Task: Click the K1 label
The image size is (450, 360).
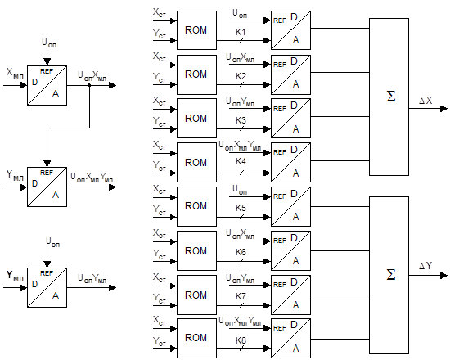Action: [x=241, y=32]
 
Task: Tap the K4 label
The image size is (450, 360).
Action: [x=241, y=161]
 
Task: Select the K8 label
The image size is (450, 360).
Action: [x=241, y=340]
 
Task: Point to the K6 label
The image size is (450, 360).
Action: [x=241, y=252]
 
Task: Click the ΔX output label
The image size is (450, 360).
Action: [x=425, y=101]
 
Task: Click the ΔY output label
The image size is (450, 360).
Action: [x=425, y=266]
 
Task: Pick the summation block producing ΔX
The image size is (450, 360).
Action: [x=389, y=97]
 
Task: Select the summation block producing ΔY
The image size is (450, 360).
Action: [x=389, y=275]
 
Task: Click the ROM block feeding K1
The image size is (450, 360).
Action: [x=196, y=30]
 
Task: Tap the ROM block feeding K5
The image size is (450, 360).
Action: [x=196, y=206]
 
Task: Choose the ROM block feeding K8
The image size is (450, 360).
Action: [x=196, y=338]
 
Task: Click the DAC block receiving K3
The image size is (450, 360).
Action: [x=290, y=119]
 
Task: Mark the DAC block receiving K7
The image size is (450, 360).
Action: [x=290, y=295]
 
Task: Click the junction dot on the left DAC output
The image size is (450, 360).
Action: [x=89, y=85]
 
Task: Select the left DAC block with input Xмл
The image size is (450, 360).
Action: [x=47, y=86]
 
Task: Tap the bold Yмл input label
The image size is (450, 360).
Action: [x=15, y=276]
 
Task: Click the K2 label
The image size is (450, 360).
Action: [x=241, y=76]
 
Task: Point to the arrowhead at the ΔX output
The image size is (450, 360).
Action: [x=443, y=109]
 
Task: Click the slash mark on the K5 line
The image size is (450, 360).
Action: [x=241, y=217]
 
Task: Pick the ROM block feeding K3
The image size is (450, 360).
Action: [x=196, y=119]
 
